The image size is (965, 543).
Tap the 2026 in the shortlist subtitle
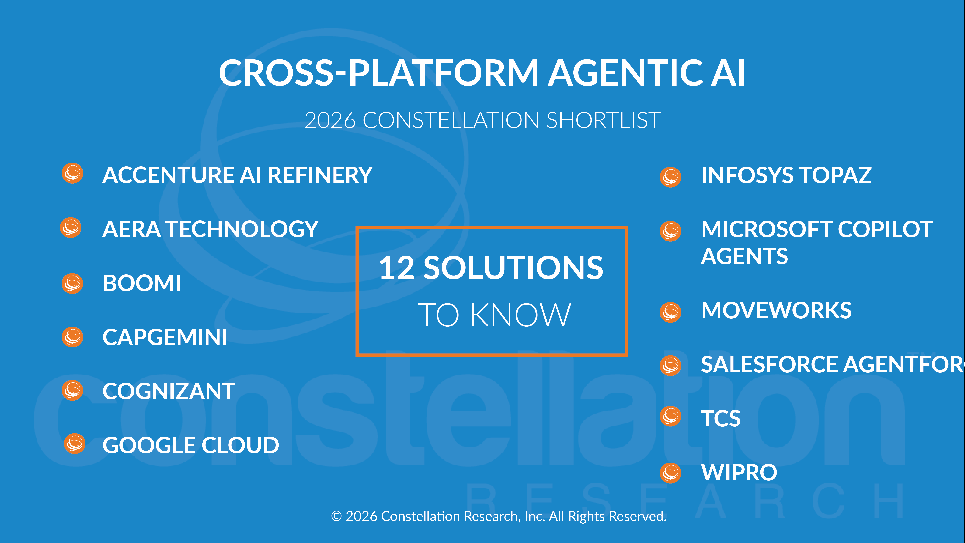330,120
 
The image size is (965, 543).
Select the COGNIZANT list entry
168,391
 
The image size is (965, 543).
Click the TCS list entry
720,418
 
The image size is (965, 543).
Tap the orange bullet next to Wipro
670,473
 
